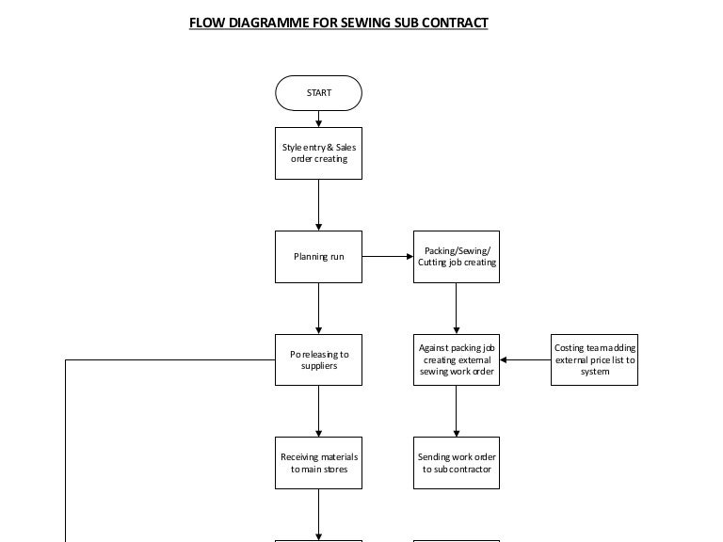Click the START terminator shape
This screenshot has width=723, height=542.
pyautogui.click(x=318, y=93)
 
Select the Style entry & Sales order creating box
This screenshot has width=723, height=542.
pyautogui.click(x=318, y=153)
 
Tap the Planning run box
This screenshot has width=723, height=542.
pyautogui.click(x=318, y=256)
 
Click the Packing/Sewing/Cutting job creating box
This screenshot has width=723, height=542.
pyautogui.click(x=457, y=256)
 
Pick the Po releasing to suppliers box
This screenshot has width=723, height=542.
pyautogui.click(x=318, y=359)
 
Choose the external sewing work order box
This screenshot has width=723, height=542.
pyautogui.click(x=457, y=359)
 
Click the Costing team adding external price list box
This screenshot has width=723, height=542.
pyautogui.click(x=594, y=359)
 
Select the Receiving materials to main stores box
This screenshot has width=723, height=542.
pyautogui.click(x=318, y=463)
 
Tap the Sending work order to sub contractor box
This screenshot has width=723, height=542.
pyautogui.click(x=457, y=463)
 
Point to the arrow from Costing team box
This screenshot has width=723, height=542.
pyautogui.click(x=525, y=359)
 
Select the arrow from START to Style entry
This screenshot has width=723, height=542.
pyautogui.click(x=318, y=120)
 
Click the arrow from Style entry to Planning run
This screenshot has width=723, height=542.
pyautogui.click(x=318, y=205)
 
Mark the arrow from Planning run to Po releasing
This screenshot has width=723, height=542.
pyautogui.click(x=318, y=309)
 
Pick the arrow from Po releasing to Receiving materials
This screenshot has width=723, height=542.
pyautogui.click(x=318, y=411)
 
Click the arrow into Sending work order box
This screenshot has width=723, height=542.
pyautogui.click(x=457, y=411)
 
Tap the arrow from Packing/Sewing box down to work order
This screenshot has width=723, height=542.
pyautogui.click(x=457, y=309)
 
